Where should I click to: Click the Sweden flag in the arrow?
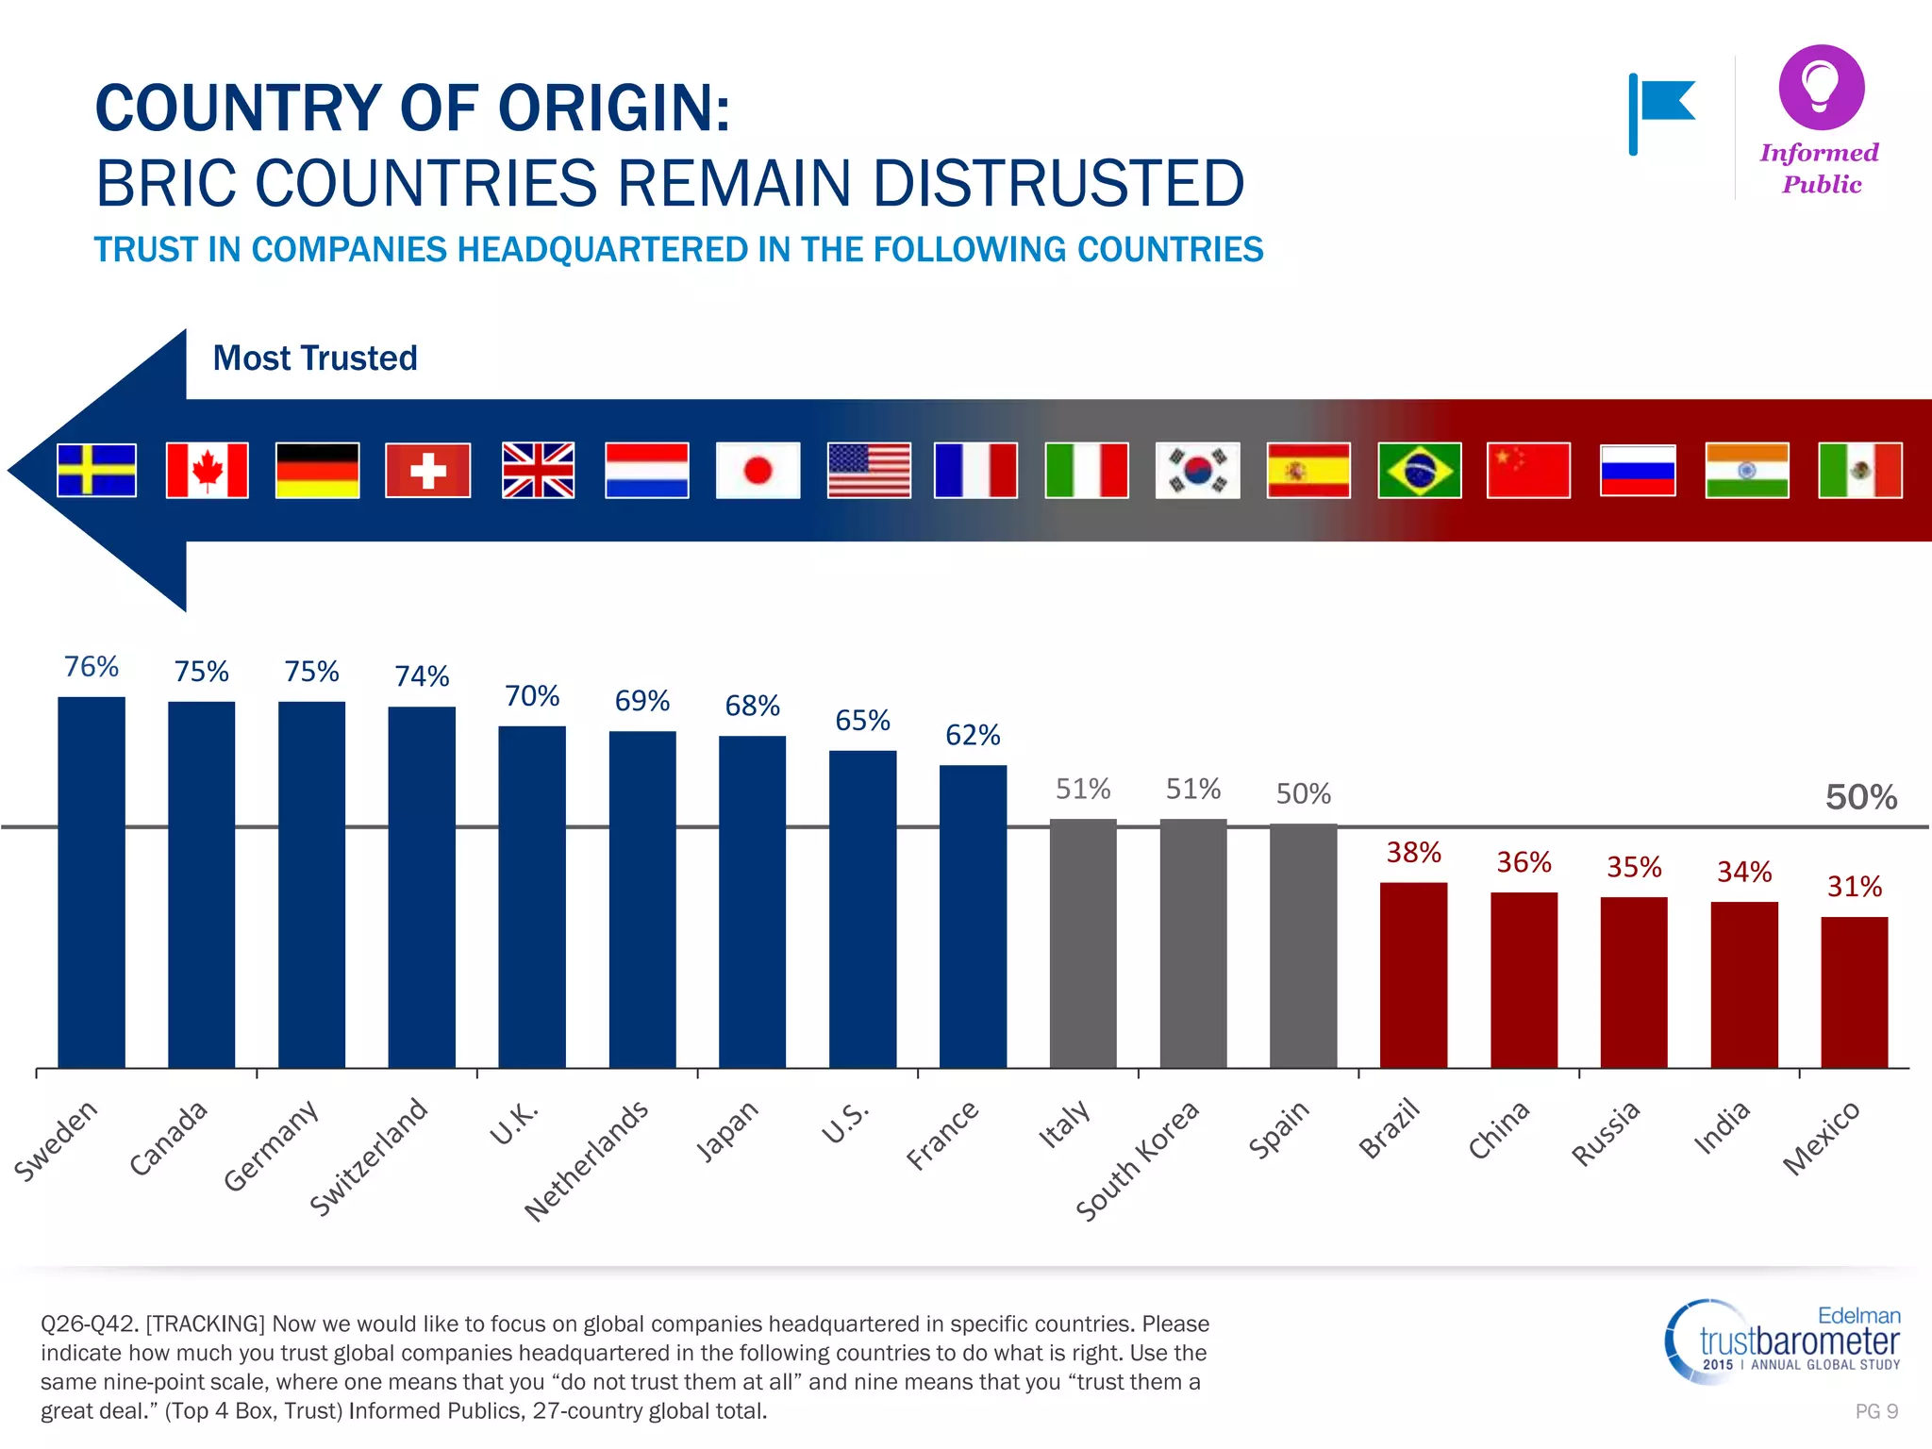(96, 470)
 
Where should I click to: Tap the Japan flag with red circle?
(758, 470)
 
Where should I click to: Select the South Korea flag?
(1197, 470)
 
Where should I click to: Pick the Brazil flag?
(1419, 470)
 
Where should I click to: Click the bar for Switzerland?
(422, 887)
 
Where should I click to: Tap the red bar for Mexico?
(1854, 991)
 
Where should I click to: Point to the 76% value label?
(91, 667)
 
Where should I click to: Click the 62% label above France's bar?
(973, 735)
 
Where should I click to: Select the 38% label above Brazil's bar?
(1413, 853)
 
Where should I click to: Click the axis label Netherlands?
(587, 1160)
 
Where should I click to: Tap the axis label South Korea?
(1137, 1160)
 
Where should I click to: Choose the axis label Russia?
(1606, 1133)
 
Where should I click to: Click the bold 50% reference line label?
(1860, 797)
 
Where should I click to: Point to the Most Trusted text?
(315, 358)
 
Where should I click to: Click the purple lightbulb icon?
(1821, 87)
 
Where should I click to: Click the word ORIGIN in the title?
(613, 108)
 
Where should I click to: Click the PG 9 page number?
(1875, 1411)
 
